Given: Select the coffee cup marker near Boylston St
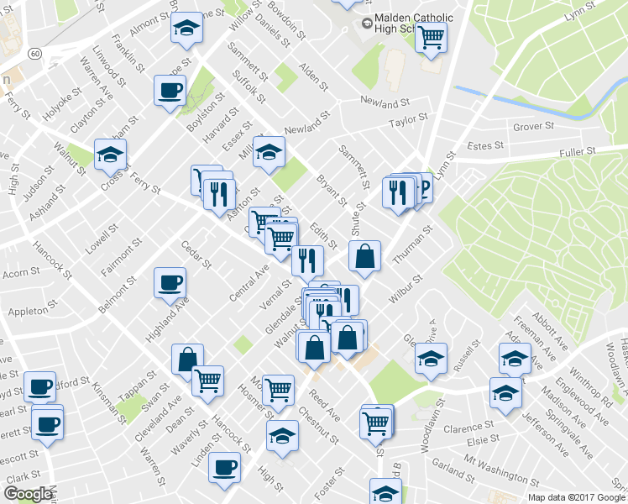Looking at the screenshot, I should coord(170,90).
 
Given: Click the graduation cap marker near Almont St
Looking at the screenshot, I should coord(186,29).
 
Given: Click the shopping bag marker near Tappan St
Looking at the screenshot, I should coord(187,359).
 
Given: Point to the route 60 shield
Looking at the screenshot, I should coord(34,53).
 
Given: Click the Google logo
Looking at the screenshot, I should coord(28,494).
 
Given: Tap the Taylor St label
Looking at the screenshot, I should coord(409,123).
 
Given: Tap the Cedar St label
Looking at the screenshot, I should coord(196,255).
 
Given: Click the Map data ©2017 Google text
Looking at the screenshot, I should coord(576,496).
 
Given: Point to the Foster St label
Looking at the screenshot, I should coord(327,481).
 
